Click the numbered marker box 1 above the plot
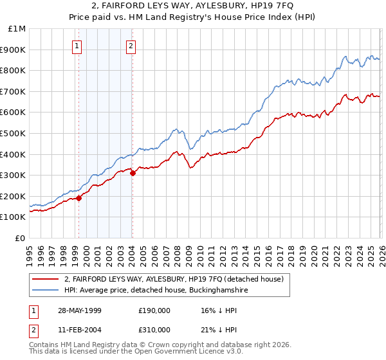click(77, 46)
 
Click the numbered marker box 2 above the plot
click(131, 46)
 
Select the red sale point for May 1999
click(79, 198)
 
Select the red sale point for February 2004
click(133, 173)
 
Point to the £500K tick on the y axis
click(14, 133)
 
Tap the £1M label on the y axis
click(17, 29)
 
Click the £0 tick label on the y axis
click(21, 238)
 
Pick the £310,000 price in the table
click(154, 329)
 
